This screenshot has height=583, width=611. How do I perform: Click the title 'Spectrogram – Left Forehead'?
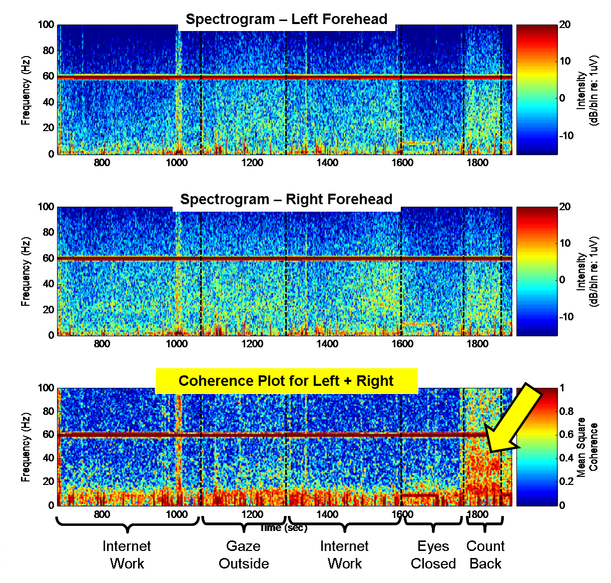click(286, 20)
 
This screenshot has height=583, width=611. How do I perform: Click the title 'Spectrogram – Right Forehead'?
click(286, 200)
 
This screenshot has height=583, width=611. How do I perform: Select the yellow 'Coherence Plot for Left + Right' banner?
click(286, 381)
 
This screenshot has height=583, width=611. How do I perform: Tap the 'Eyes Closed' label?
click(433, 555)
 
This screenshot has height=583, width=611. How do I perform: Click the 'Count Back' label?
click(485, 555)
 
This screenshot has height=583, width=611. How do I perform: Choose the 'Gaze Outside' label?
click(244, 555)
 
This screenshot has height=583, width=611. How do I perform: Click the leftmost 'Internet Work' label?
click(127, 555)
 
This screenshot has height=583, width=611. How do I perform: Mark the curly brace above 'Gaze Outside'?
click(243, 524)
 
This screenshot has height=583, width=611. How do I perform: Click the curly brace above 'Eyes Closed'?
click(433, 524)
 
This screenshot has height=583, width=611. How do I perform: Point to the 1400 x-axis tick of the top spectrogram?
click(327, 163)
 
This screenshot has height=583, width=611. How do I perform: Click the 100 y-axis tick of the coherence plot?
click(46, 388)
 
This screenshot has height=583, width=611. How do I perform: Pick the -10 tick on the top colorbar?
click(565, 136)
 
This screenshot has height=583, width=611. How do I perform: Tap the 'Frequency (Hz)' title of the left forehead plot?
click(26, 90)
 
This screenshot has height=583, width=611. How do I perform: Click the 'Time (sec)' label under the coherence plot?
click(283, 528)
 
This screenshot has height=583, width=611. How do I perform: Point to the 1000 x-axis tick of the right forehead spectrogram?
click(177, 344)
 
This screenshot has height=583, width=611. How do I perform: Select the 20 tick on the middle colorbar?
click(564, 207)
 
